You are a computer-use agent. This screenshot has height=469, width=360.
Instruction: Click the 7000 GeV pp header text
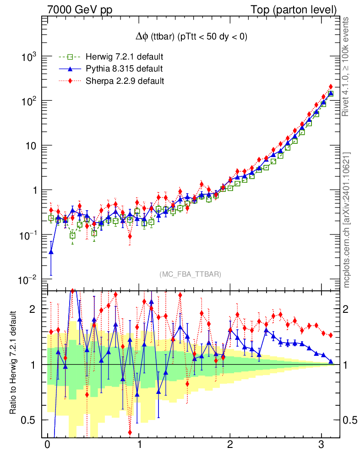click(80, 10)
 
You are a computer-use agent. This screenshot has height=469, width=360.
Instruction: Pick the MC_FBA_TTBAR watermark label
click(190, 274)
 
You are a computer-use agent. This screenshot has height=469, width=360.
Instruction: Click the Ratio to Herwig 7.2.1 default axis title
click(13, 363)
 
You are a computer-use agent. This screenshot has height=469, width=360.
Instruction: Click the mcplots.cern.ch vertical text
click(347, 220)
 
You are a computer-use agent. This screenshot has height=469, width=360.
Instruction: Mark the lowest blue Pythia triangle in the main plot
click(51, 251)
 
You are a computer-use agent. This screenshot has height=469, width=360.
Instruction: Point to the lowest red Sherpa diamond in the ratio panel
click(130, 432)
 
